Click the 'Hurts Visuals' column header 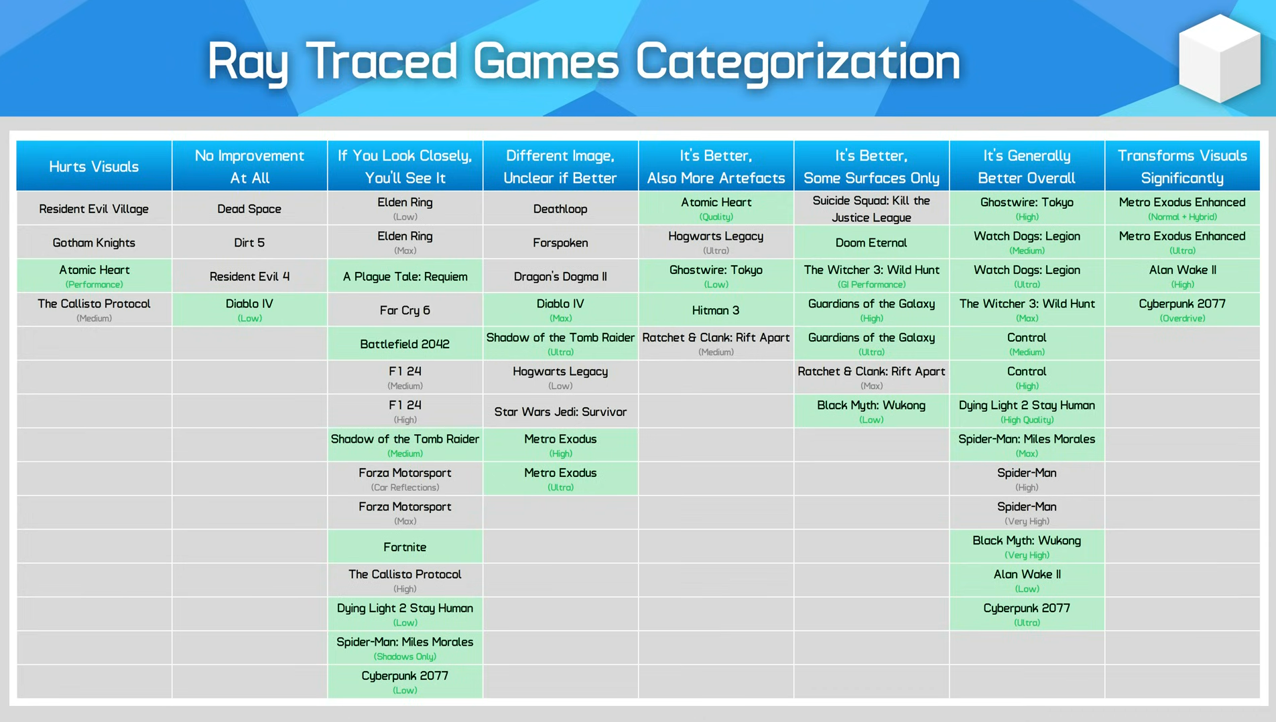pyautogui.click(x=94, y=166)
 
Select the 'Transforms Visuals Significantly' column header pyautogui.click(x=1182, y=166)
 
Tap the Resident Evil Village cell pyautogui.click(x=94, y=208)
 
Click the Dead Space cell pyautogui.click(x=249, y=208)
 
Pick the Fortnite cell pyautogui.click(x=405, y=547)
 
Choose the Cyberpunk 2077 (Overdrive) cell pyautogui.click(x=1182, y=309)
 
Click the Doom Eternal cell pyautogui.click(x=871, y=242)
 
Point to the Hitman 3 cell pyautogui.click(x=716, y=309)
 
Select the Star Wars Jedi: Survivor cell pyautogui.click(x=560, y=411)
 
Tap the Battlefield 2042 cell pyautogui.click(x=405, y=344)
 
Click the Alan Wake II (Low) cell pyautogui.click(x=1027, y=580)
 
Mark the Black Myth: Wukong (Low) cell pyautogui.click(x=871, y=411)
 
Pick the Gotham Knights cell pyautogui.click(x=94, y=242)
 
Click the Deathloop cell pyautogui.click(x=560, y=208)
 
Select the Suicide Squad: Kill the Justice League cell pyautogui.click(x=871, y=208)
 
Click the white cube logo pyautogui.click(x=1219, y=59)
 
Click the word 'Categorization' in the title pyautogui.click(x=797, y=62)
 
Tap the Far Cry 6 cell pyautogui.click(x=405, y=309)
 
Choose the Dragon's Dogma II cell pyautogui.click(x=560, y=276)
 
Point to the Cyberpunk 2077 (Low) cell pyautogui.click(x=405, y=682)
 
